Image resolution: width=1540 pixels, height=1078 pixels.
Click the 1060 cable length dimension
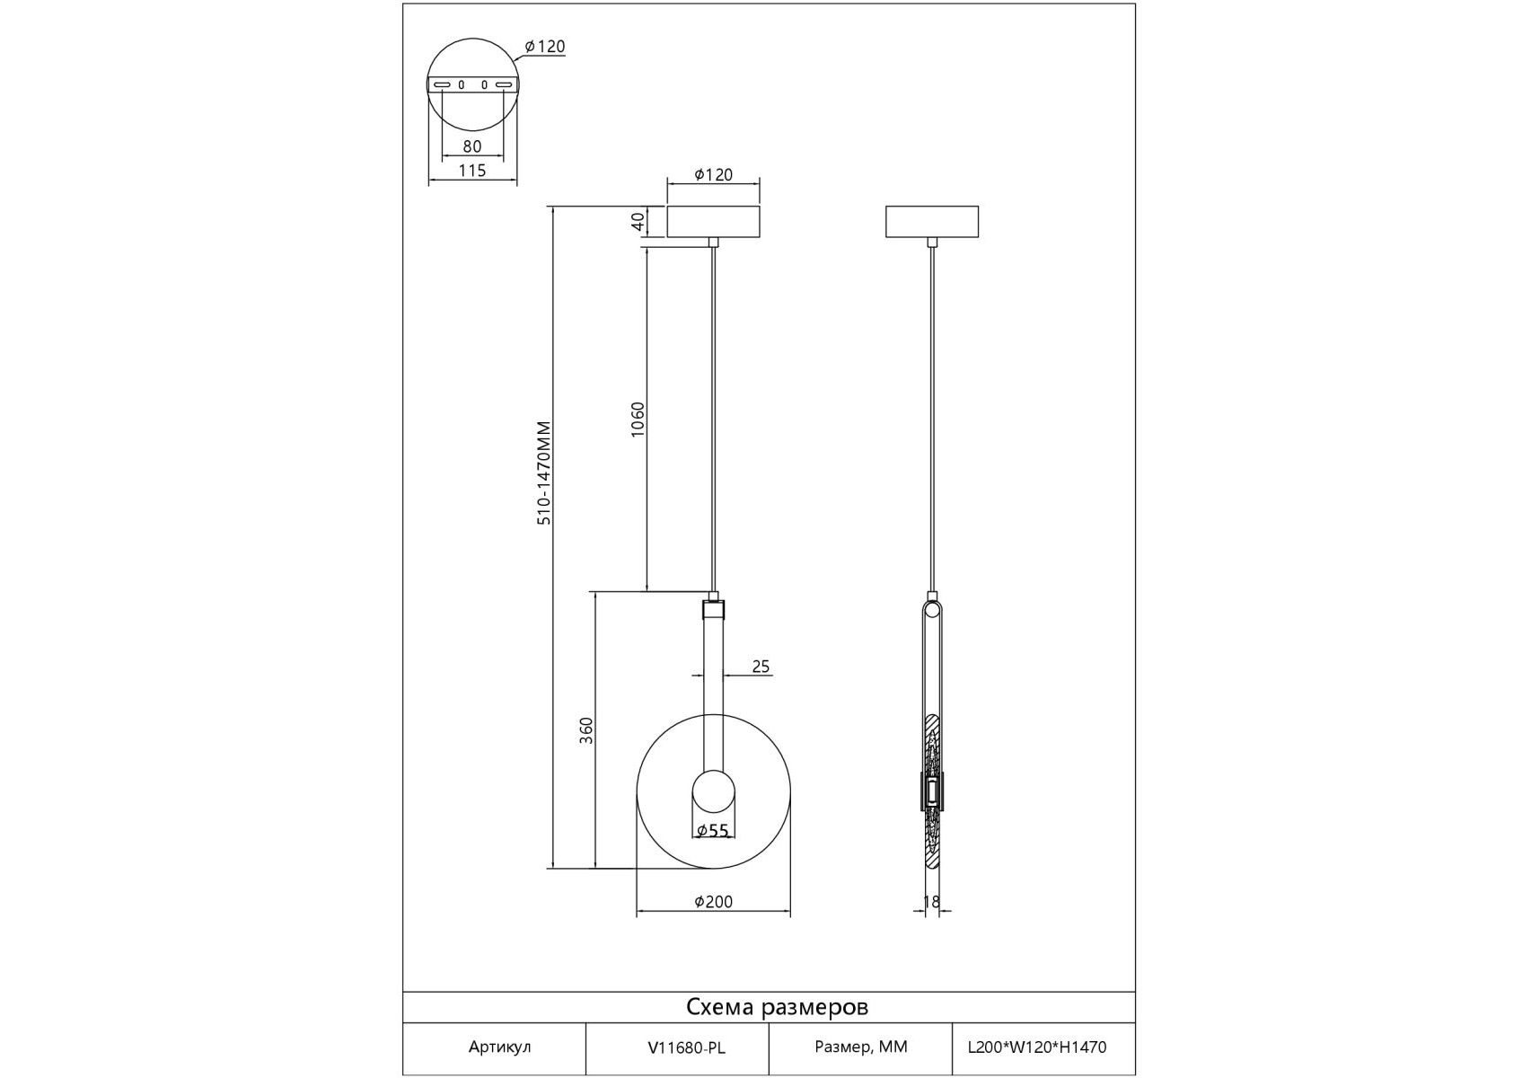tap(638, 420)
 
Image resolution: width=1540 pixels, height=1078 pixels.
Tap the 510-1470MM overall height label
tap(543, 473)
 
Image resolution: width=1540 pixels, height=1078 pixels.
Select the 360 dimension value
tap(586, 730)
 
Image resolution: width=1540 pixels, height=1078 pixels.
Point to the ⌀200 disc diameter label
tap(714, 902)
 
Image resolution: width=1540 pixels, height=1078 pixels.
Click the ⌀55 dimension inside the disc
tap(713, 831)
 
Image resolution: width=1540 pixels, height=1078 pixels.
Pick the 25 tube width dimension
tap(761, 667)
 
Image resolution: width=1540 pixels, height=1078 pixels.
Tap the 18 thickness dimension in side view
tap(931, 902)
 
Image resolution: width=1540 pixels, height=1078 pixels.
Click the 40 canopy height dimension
tap(638, 221)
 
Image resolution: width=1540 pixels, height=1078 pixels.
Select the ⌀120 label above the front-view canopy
tap(714, 175)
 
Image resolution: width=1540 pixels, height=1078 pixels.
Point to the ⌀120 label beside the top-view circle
tap(545, 47)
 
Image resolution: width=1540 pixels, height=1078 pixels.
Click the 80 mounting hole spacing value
tap(472, 146)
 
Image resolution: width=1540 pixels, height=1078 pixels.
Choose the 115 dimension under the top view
tap(472, 171)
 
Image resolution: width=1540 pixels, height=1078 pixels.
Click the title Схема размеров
tap(778, 1007)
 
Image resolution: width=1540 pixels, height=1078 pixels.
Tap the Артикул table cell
tap(499, 1047)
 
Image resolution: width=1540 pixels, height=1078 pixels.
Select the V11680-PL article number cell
tap(686, 1047)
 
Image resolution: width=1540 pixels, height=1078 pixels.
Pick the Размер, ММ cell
tap(861, 1047)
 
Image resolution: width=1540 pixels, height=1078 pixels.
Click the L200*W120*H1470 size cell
tap(1037, 1047)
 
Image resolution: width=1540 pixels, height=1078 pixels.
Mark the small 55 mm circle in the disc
tap(714, 792)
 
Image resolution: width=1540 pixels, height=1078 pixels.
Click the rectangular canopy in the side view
tap(932, 222)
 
